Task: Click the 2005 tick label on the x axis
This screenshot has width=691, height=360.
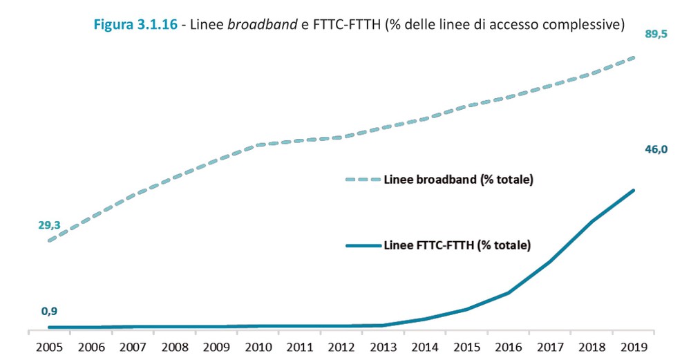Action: tap(49, 348)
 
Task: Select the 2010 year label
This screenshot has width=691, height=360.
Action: tap(258, 348)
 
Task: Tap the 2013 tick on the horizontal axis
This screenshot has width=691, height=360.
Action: tap(384, 348)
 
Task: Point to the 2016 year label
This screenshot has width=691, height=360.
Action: tap(509, 348)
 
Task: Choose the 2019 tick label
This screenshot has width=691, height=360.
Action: tap(634, 348)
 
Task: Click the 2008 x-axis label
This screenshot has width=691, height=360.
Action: tap(175, 348)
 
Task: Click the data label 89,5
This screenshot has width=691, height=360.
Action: tap(656, 34)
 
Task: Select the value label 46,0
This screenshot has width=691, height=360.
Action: tap(656, 149)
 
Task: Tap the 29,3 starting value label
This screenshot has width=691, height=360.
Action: tap(49, 225)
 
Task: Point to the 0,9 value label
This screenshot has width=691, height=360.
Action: tap(49, 311)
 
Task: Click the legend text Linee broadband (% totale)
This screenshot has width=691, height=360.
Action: tap(458, 180)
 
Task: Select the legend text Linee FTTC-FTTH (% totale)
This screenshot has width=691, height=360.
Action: tap(457, 245)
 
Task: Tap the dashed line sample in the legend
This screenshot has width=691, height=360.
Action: tap(363, 180)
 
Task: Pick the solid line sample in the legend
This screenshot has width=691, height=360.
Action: tap(363, 245)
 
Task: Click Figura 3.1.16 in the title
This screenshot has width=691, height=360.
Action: tap(135, 25)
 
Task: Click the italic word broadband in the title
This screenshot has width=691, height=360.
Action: tap(263, 25)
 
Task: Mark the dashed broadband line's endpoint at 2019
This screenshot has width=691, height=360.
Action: tap(634, 58)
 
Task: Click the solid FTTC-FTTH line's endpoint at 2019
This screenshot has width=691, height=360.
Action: tap(634, 190)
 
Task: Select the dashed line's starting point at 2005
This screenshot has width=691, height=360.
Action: tap(49, 240)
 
